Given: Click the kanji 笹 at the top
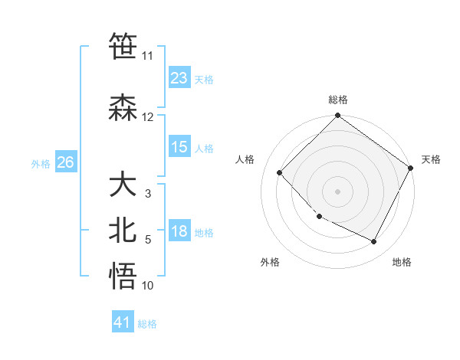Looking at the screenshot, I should (x=123, y=46).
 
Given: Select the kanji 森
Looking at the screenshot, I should (x=123, y=108).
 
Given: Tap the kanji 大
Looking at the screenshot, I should (x=123, y=185).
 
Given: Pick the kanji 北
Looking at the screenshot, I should (x=123, y=231).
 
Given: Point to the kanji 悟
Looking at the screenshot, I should (x=123, y=276).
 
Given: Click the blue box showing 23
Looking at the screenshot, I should (x=179, y=78).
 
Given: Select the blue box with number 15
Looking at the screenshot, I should (x=179, y=147).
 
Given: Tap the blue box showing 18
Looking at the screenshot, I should (x=179, y=232).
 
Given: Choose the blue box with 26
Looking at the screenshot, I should (x=65, y=162).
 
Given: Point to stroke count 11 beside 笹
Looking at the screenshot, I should (x=147, y=56).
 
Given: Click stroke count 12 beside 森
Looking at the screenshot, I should (x=147, y=117).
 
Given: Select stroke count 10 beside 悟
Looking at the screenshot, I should (x=147, y=286).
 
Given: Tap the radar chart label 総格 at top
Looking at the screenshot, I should (x=338, y=100).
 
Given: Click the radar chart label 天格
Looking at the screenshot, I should (x=431, y=159).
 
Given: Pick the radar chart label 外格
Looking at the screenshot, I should (x=270, y=262).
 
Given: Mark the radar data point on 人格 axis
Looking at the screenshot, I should (x=280, y=172).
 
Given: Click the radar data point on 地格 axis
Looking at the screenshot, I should (x=374, y=242).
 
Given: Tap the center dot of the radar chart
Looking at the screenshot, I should (x=338, y=191).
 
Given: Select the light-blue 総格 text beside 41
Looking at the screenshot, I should (x=148, y=324).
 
